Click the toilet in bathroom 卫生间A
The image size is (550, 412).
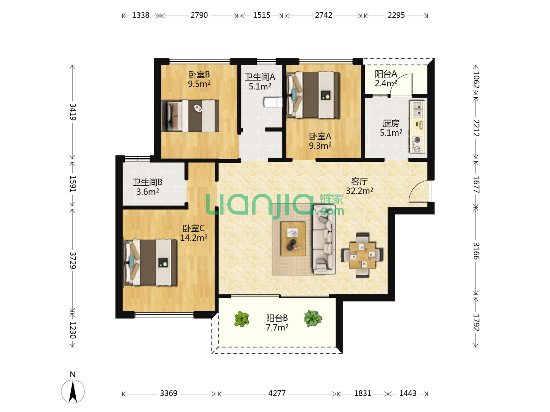(273, 102)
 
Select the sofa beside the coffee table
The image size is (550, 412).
(324, 240)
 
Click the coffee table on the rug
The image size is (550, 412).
(293, 239)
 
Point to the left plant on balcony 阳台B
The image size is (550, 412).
(241, 319)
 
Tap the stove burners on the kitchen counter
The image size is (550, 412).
(417, 144)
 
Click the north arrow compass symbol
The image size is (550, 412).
(73, 391)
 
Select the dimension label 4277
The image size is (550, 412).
(277, 393)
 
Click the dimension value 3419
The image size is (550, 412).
(73, 112)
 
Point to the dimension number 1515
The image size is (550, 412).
(261, 15)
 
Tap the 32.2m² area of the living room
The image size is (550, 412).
(359, 191)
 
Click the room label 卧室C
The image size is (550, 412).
(193, 228)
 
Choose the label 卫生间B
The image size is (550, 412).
(147, 182)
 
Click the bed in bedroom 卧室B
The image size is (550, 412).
(190, 116)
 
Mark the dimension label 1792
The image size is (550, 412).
(476, 322)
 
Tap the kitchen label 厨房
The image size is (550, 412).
(391, 123)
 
